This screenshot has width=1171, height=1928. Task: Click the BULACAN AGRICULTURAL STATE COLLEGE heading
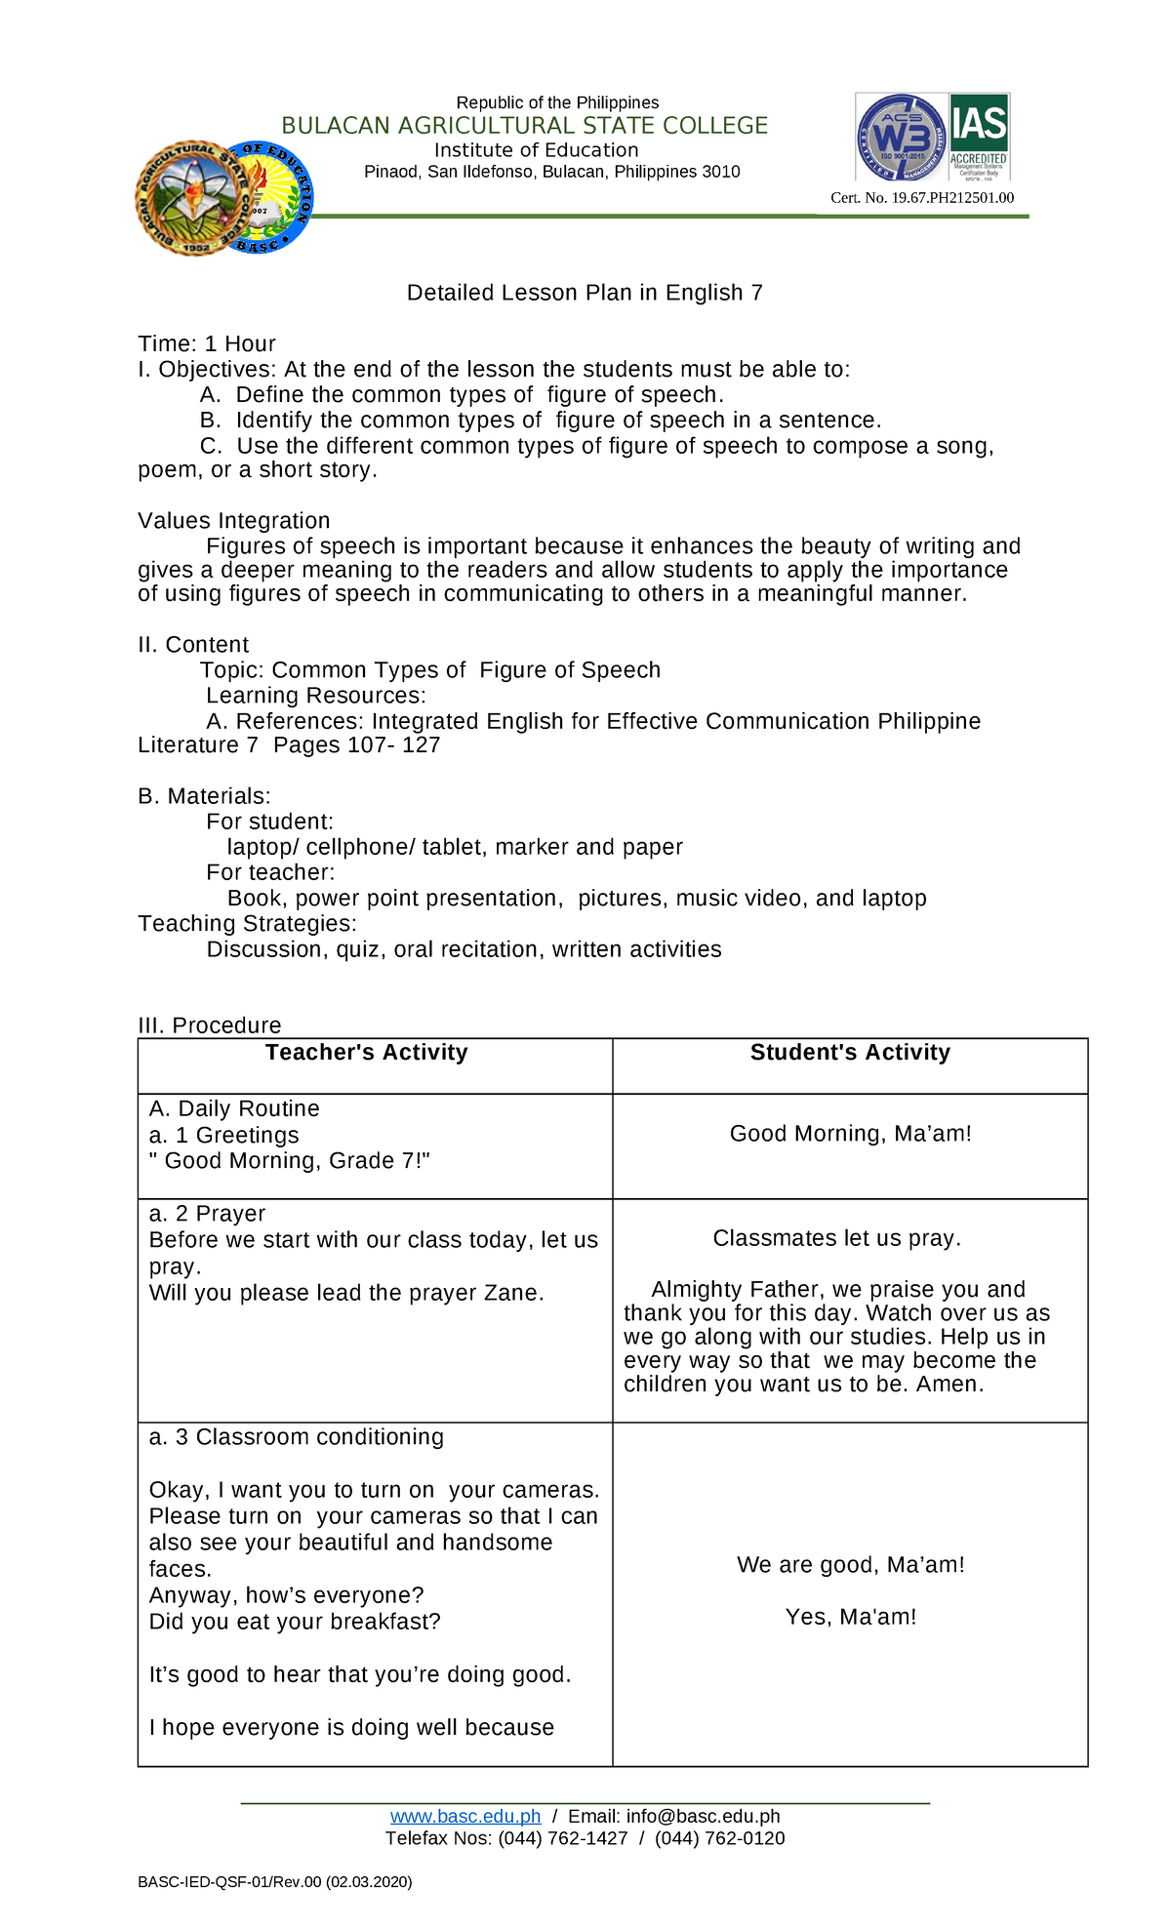(524, 126)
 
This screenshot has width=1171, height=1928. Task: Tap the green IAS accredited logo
(979, 137)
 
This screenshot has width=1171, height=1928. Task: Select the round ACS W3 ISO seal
(901, 138)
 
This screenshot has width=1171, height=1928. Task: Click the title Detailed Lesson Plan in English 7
(585, 293)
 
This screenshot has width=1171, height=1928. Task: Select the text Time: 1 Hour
(206, 343)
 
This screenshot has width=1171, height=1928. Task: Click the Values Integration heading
(233, 521)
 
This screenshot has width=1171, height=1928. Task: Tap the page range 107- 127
(394, 745)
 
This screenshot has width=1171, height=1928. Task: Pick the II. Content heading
(193, 645)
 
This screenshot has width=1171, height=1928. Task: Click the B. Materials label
(204, 796)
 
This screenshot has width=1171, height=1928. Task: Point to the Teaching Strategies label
(247, 924)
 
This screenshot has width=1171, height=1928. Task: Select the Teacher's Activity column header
(366, 1053)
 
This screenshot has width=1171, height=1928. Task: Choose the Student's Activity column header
(849, 1053)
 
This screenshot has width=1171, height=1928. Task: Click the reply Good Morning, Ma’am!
(850, 1134)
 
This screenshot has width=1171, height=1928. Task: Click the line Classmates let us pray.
(836, 1238)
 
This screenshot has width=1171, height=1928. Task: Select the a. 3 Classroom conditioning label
(296, 1437)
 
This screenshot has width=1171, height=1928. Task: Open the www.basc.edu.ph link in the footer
(464, 1816)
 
